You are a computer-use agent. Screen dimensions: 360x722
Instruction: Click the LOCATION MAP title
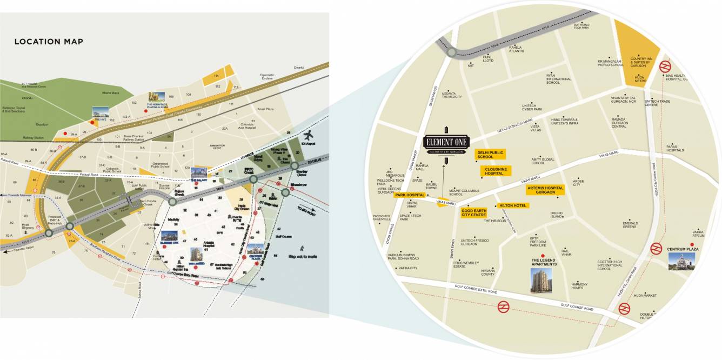click(x=49, y=42)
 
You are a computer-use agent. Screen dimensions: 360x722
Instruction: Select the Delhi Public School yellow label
click(x=490, y=155)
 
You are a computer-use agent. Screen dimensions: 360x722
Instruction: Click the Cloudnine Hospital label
click(x=496, y=171)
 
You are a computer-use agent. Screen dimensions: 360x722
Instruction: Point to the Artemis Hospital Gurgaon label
click(x=545, y=190)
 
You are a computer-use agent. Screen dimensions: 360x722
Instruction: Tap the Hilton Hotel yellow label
click(x=513, y=205)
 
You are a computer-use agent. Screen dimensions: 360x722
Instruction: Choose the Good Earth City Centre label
click(x=473, y=212)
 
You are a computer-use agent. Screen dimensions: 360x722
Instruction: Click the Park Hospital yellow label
click(x=410, y=195)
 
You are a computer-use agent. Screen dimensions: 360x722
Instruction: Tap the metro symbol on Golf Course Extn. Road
click(x=504, y=306)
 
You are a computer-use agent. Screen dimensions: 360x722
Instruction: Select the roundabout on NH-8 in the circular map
click(x=451, y=52)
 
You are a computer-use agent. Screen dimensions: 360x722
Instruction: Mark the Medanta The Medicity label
click(x=452, y=95)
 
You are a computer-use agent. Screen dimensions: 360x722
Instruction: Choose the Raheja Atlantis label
click(x=517, y=49)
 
